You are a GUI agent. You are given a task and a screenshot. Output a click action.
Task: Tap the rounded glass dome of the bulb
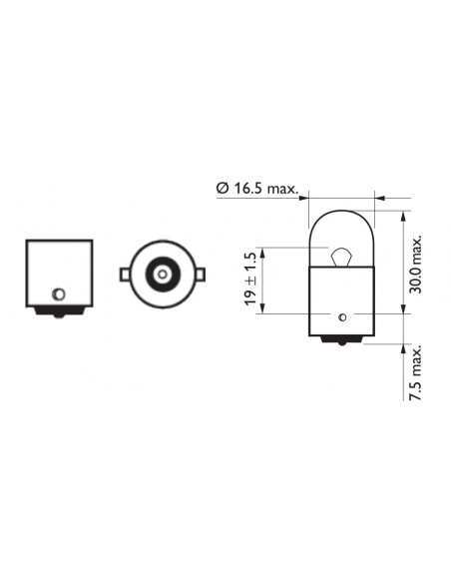click(341, 225)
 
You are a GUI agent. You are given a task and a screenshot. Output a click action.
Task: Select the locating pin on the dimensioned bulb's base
click(342, 316)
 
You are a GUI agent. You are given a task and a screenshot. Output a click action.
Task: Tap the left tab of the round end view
click(122, 273)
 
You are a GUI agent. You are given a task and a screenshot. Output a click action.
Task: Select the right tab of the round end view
click(201, 273)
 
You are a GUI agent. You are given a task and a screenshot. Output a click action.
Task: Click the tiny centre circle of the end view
click(161, 273)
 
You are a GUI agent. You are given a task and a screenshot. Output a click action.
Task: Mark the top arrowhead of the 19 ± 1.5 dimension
click(264, 251)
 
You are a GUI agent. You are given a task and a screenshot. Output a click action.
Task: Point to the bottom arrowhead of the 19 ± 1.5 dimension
click(264, 308)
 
